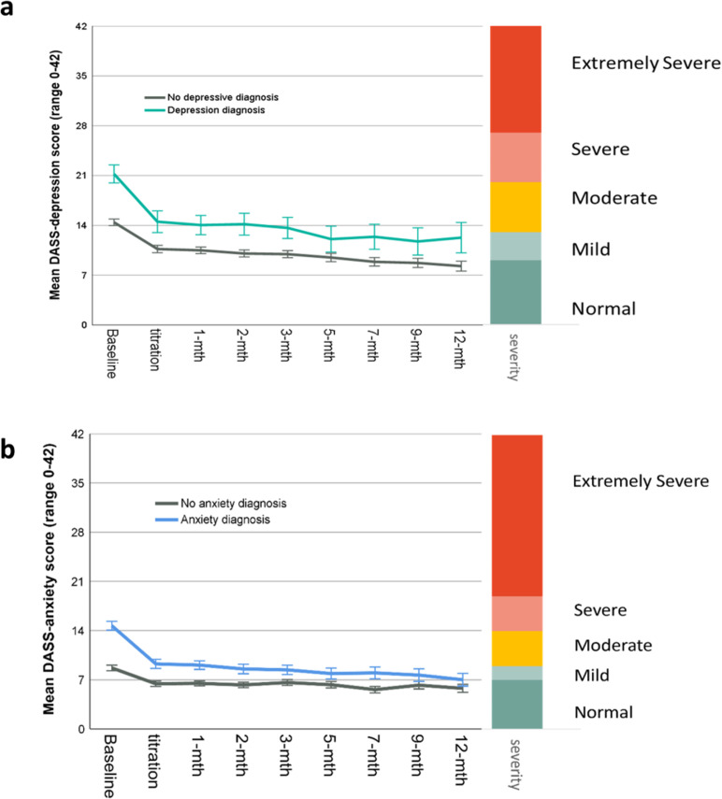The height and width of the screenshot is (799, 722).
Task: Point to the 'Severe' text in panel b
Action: pyautogui.click(x=599, y=609)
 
